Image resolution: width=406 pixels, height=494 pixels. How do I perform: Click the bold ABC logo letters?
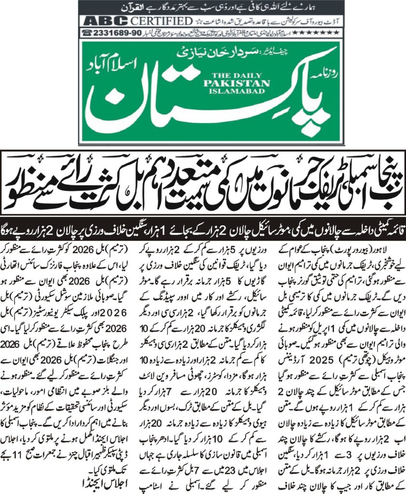point(106,21)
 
